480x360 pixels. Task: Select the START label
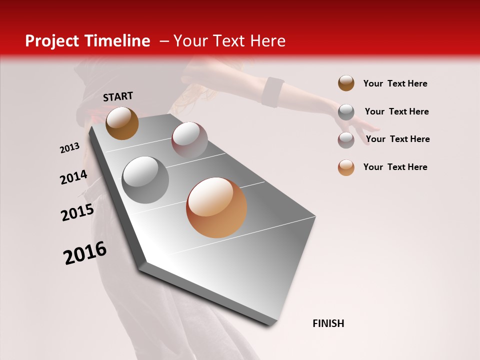118,96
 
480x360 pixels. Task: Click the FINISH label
328,323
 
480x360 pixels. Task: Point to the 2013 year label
69,148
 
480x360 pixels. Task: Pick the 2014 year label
73,177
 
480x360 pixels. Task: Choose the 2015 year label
77,212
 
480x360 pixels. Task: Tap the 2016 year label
85,252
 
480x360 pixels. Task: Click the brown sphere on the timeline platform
122,123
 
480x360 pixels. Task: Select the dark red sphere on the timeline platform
189,139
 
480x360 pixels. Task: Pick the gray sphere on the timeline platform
145,179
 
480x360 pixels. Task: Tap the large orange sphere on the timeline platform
216,207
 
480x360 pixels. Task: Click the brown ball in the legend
346,83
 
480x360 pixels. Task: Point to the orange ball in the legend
346,167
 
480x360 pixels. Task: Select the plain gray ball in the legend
346,112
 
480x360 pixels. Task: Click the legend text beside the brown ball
395,83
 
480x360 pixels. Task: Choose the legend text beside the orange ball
395,167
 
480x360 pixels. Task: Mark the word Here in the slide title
268,41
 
